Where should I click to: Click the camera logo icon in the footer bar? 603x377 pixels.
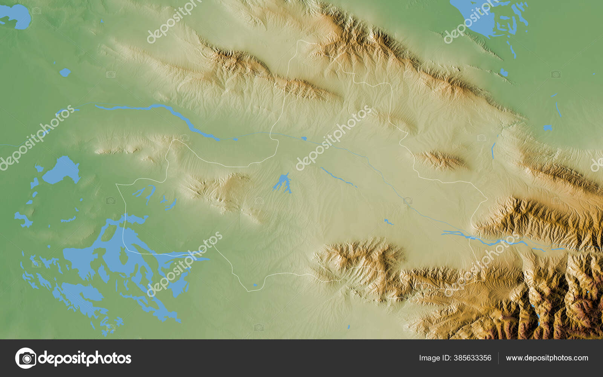pyautogui.click(x=26, y=358)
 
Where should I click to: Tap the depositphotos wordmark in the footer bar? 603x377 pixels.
pyautogui.click(x=85, y=358)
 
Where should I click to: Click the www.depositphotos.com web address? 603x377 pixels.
pyautogui.click(x=547, y=358)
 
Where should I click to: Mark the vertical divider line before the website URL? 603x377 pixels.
pyautogui.click(x=498, y=358)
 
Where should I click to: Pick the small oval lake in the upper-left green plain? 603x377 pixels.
pyautogui.click(x=65, y=72)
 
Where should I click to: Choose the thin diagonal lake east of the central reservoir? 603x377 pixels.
pyautogui.click(x=338, y=178)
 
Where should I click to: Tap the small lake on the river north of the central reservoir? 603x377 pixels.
pyautogui.click(x=303, y=138)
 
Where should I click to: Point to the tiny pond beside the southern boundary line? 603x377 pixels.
pyautogui.click(x=255, y=285)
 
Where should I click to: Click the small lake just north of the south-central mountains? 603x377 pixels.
pyautogui.click(x=388, y=222)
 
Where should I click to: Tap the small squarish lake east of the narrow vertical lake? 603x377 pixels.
pyautogui.click(x=547, y=128)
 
